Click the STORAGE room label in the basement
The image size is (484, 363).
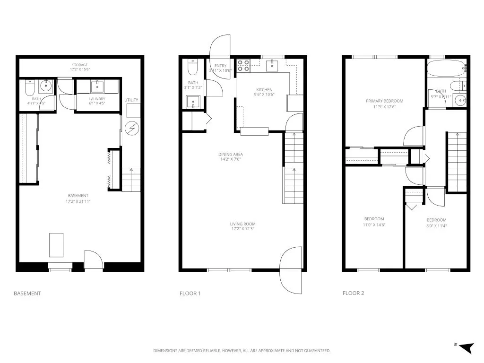click(80, 65)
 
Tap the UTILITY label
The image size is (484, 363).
click(131, 100)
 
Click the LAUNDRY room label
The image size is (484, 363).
click(97, 99)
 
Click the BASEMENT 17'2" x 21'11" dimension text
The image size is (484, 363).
click(78, 201)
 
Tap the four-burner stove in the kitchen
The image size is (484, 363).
click(243, 65)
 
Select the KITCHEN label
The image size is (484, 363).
click(264, 90)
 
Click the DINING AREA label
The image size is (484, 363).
click(231, 155)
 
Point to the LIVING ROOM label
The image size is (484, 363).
click(243, 224)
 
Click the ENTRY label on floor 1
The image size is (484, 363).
click(220, 66)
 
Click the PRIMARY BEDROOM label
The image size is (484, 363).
click(385, 101)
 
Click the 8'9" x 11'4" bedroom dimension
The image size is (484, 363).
click(436, 226)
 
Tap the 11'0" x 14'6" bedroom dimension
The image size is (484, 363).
click(374, 225)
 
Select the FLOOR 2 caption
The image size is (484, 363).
click(353, 294)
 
